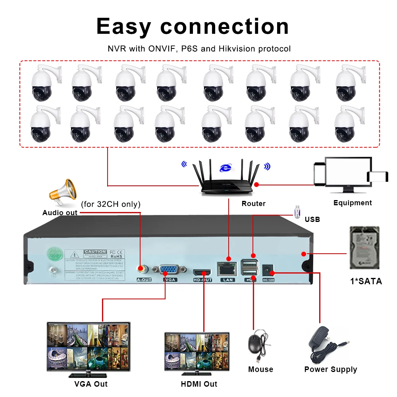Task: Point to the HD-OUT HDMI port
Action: pyautogui.click(x=202, y=272)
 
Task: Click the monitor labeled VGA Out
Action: pyautogui.click(x=88, y=348)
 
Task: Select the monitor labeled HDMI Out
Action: pyautogui.click(x=197, y=352)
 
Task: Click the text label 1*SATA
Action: pyautogui.click(x=366, y=281)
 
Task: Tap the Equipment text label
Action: pyautogui.click(x=353, y=203)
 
